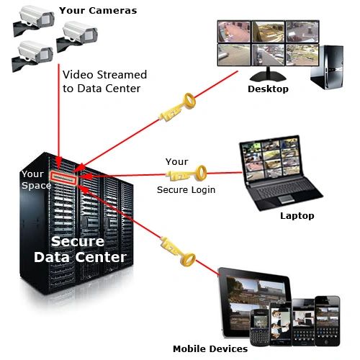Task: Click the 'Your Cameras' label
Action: [x=98, y=11]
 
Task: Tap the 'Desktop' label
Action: [x=268, y=89]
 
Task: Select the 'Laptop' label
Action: [x=297, y=216]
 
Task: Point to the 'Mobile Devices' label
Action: [x=210, y=348]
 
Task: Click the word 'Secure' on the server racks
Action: [x=78, y=241]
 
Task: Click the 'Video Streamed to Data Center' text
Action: [x=104, y=81]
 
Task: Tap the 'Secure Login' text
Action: [x=186, y=190]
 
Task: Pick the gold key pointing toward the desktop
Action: [x=178, y=107]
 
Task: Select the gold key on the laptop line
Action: [x=186, y=174]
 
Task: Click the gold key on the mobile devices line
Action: [x=178, y=251]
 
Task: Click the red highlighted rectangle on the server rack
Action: [x=63, y=178]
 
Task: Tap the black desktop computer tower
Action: [x=327, y=67]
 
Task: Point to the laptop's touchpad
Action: [x=287, y=199]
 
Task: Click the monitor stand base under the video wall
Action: [x=268, y=77]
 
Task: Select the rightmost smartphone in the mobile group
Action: [x=328, y=320]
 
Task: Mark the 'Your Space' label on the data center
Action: [x=36, y=180]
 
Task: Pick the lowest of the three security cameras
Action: [x=32, y=55]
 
